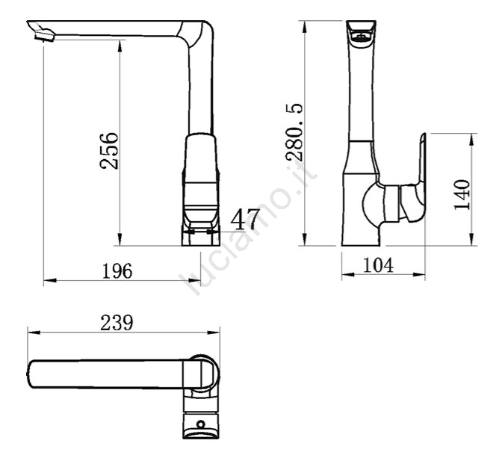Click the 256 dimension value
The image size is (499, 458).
pyautogui.click(x=109, y=150)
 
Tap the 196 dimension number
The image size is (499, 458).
pyautogui.click(x=117, y=271)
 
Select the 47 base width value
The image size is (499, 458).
pyautogui.click(x=244, y=219)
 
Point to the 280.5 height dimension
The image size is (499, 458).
pyautogui.click(x=294, y=131)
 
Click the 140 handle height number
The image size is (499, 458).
pyautogui.click(x=462, y=195)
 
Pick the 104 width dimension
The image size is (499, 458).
pyautogui.click(x=378, y=265)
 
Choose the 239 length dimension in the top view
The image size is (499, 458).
pyautogui.click(x=117, y=323)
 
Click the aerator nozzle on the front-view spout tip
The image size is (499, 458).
pyautogui.click(x=45, y=34)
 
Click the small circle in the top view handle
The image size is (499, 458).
pyautogui.click(x=201, y=424)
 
